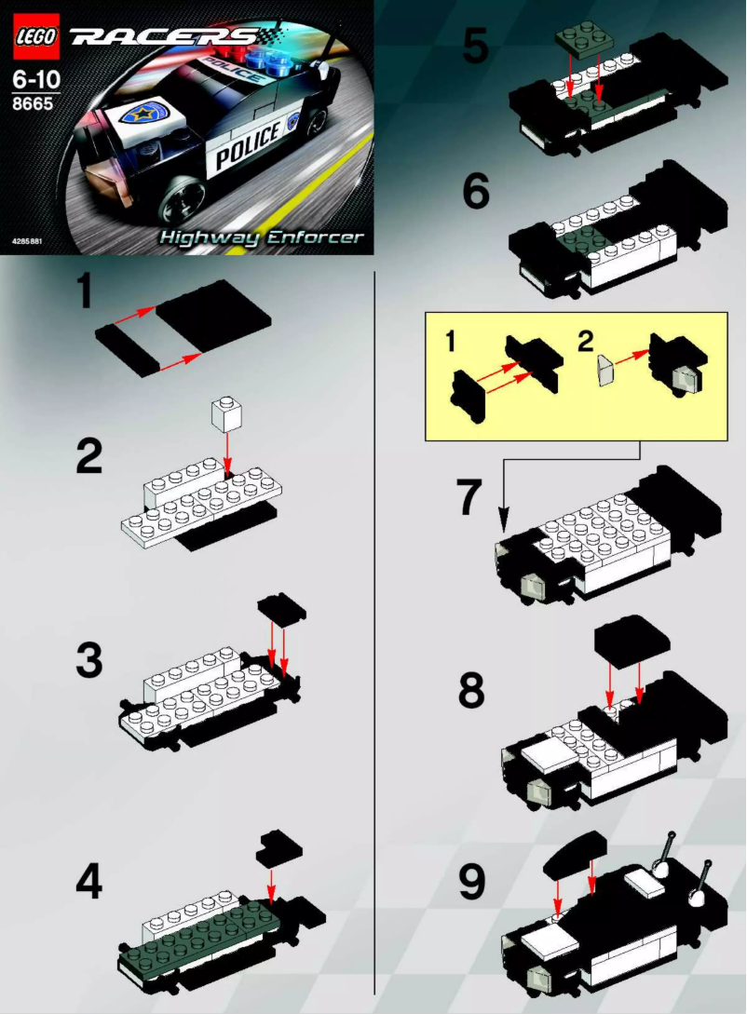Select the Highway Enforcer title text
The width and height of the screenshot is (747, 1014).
261,237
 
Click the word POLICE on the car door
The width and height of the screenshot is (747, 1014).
248,144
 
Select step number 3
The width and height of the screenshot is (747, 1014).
88,659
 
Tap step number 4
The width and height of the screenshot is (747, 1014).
88,883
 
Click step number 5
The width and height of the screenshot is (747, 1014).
476,45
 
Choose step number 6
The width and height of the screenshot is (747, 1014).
476,191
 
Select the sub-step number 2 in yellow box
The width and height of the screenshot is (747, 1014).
585,342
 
